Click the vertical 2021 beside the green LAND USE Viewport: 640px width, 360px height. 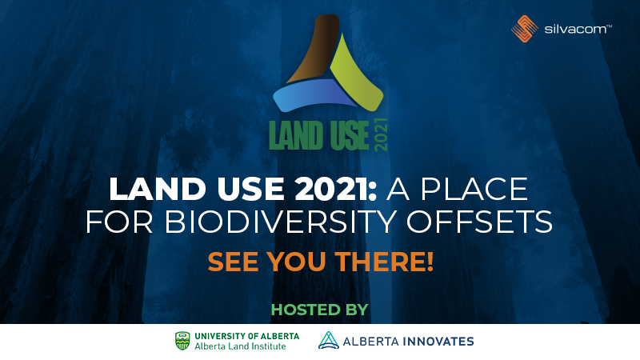click(x=381, y=134)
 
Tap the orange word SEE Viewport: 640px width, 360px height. click(x=234, y=261)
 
